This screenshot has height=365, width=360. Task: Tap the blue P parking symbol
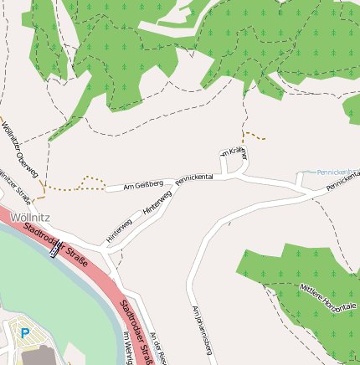[24, 333]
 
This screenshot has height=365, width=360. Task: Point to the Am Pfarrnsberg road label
[201, 327]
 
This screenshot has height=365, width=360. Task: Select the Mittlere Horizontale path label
[327, 297]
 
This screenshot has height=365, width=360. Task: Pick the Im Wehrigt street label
[128, 348]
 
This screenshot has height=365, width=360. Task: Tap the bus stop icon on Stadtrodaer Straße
[55, 247]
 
